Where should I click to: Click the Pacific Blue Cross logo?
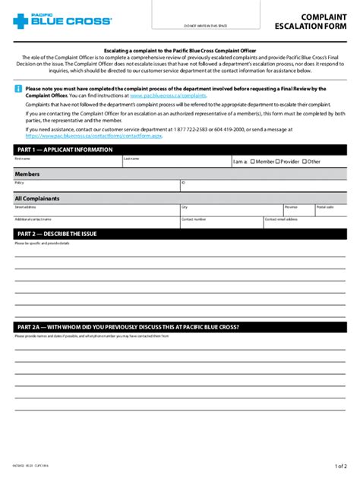pos(62,20)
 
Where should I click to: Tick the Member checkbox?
pos(253,162)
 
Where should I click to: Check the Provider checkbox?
pos(278,162)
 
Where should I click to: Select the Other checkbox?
pos(305,162)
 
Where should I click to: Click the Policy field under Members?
pos(95,187)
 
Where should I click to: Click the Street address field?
pos(95,210)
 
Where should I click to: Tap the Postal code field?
pos(330,210)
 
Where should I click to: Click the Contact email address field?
pos(305,222)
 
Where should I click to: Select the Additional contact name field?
pos(95,222)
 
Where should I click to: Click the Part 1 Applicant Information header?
pos(64,150)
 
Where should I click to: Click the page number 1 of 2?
pos(339,466)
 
